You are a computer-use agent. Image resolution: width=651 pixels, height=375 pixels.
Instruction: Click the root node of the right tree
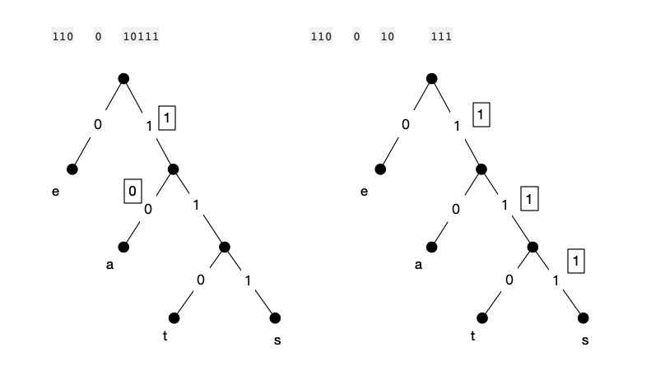click(x=431, y=78)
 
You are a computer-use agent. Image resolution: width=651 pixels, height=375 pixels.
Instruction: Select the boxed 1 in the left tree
click(x=167, y=118)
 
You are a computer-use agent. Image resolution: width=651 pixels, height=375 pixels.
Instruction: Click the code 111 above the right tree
click(x=441, y=36)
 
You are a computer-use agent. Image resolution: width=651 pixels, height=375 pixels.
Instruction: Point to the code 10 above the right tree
click(x=387, y=36)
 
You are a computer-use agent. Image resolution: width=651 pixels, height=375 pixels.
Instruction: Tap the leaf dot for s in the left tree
click(x=275, y=318)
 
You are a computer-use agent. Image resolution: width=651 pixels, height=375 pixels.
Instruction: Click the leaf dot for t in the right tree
click(x=482, y=318)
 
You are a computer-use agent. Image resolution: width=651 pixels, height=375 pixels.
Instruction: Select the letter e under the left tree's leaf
click(x=55, y=192)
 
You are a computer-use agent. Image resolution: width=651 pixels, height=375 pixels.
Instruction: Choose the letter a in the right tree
click(x=418, y=265)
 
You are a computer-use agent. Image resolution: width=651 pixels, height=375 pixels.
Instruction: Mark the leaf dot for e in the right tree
click(x=380, y=169)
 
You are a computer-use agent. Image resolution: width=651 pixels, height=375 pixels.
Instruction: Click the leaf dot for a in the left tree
click(x=123, y=247)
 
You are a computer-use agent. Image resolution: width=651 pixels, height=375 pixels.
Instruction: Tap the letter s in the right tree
click(x=585, y=340)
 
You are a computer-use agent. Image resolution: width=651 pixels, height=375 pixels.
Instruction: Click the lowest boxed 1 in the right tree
click(x=577, y=262)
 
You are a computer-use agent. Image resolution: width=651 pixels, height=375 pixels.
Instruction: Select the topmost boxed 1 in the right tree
click(x=481, y=115)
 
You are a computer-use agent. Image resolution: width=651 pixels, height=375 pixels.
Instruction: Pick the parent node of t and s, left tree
click(x=224, y=247)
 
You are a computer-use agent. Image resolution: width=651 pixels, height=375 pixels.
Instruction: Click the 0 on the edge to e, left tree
click(x=98, y=125)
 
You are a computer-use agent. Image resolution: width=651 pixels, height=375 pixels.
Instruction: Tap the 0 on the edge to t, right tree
click(x=509, y=280)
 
